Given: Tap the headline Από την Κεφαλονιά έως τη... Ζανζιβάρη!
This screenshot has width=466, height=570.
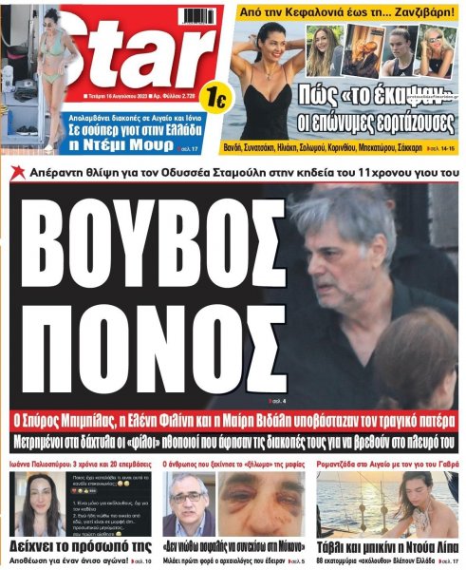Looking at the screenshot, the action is (x=347, y=13).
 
